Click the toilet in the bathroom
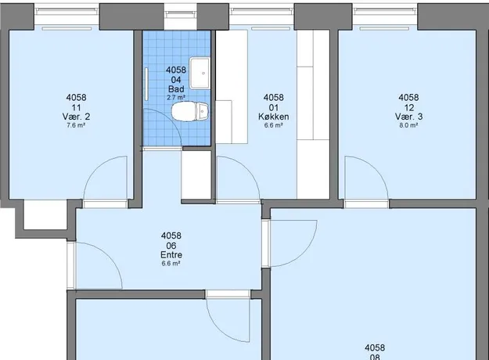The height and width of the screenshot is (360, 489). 190,111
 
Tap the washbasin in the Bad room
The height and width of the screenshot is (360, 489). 200,73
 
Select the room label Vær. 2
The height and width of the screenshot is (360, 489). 76,117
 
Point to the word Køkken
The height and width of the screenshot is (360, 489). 274,117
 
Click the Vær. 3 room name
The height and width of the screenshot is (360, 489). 409,117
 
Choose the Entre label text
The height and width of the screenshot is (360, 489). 171,255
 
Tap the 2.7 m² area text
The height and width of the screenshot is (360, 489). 176,97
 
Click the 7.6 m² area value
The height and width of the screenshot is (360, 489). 76,125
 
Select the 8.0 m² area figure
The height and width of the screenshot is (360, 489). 409,125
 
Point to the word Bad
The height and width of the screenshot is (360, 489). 176,89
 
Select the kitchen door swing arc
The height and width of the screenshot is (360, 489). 250,170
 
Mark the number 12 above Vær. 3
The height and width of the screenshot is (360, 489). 409,108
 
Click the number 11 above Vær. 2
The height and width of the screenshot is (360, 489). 76,108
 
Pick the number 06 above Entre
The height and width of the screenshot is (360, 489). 171,246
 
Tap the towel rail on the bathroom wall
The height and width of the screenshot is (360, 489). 146,85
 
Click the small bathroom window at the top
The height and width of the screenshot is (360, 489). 181,14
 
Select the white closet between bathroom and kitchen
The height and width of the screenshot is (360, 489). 197,175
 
